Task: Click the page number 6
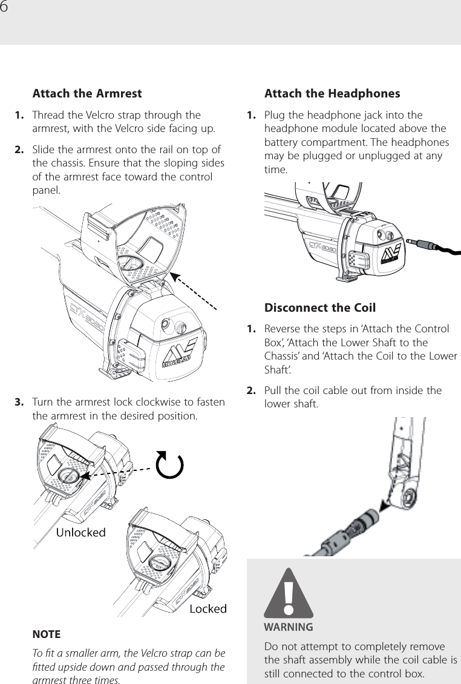coord(5,7)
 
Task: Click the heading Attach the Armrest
coord(87,94)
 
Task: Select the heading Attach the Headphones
coord(332,94)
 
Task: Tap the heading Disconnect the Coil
coord(320,307)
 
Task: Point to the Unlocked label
coord(81,532)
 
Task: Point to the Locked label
coord(208,608)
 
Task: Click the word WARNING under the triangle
coord(289,626)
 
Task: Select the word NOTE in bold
coord(46,634)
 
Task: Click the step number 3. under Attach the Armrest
coord(19,403)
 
